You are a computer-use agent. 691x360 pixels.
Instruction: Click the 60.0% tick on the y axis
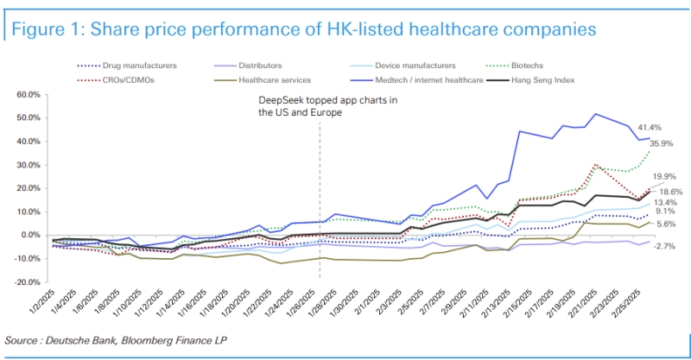28,94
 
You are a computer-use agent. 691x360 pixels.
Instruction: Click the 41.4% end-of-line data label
649,127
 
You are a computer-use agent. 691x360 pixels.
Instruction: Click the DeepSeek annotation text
327,107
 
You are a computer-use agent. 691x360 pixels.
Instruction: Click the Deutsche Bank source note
111,339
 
